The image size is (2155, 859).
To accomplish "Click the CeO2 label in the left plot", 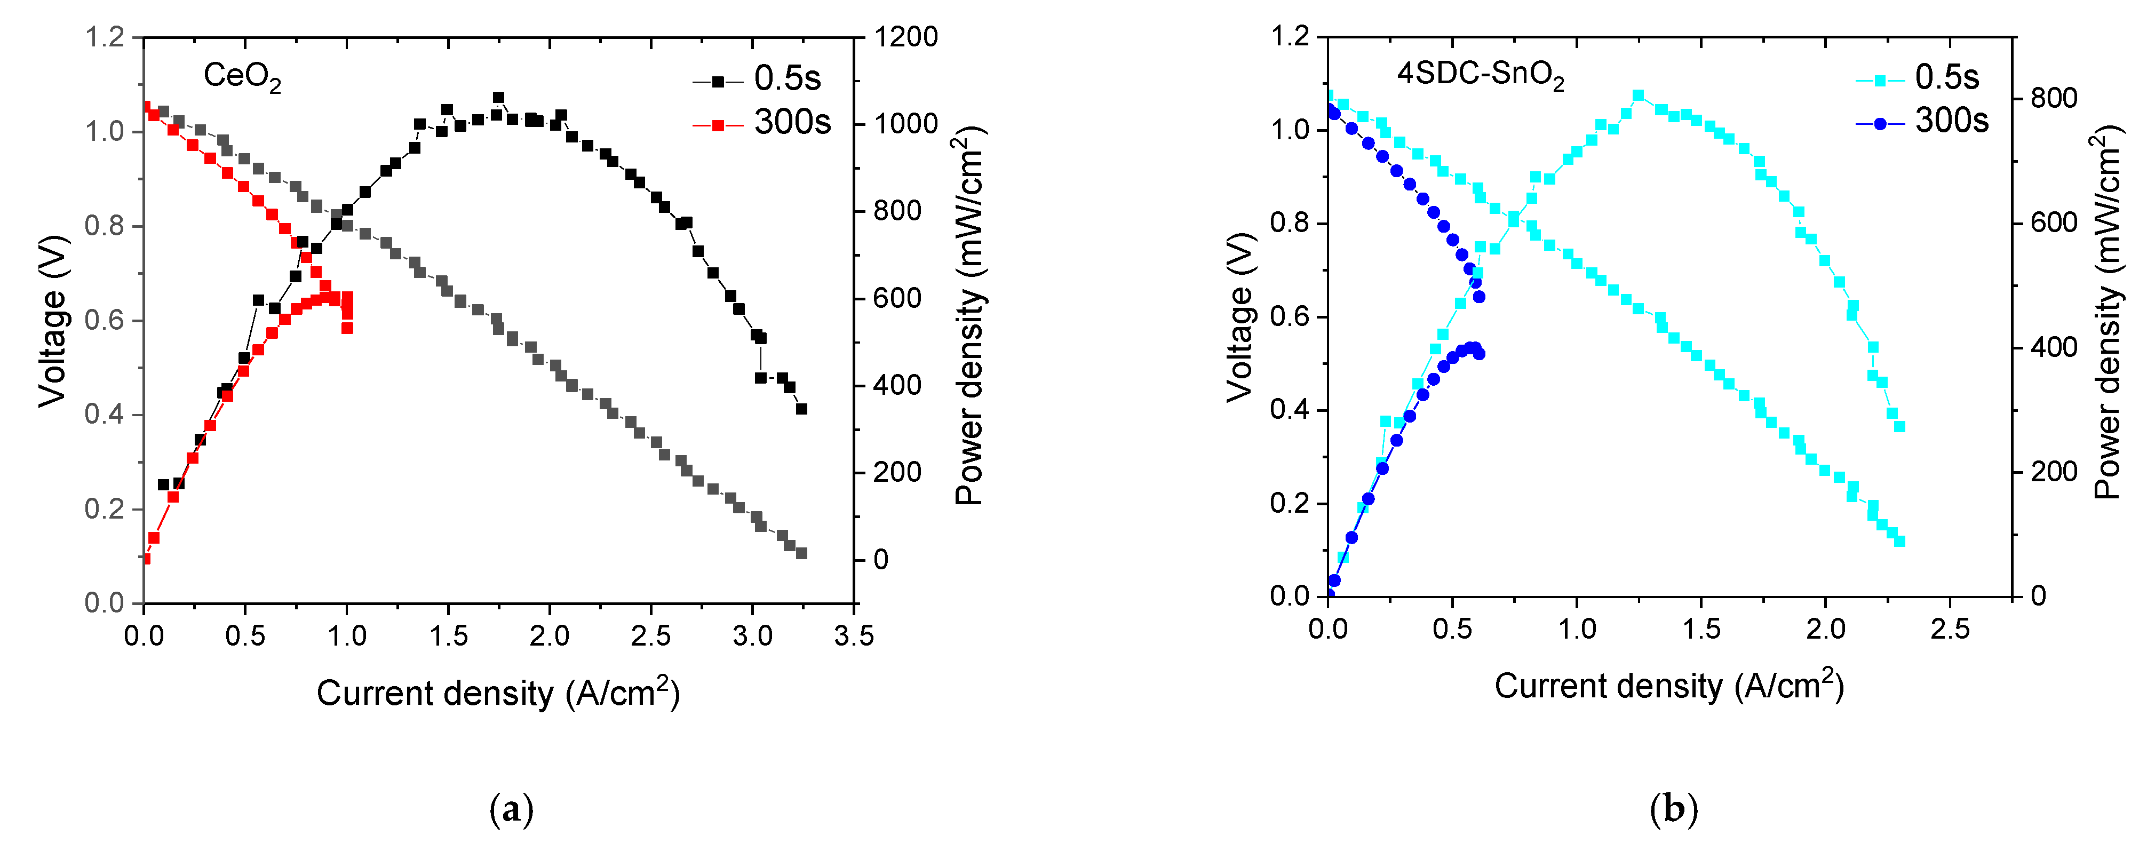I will pos(242,77).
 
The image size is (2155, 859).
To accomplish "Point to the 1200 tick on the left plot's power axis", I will pos(906,38).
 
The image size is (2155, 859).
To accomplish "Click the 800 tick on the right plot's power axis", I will pos(2054,99).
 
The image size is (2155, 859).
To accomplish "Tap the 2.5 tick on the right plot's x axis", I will pos(1950,630).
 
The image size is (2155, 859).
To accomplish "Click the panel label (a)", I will pos(510,810).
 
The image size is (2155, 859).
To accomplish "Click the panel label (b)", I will pos(1673,810).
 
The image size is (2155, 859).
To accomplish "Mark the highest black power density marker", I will pos(498,98).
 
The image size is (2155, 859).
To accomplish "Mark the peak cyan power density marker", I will pos(1638,96).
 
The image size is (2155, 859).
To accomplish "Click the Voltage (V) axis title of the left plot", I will pos(52,320).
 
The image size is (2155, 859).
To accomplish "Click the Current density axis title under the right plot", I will pos(1669,686).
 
